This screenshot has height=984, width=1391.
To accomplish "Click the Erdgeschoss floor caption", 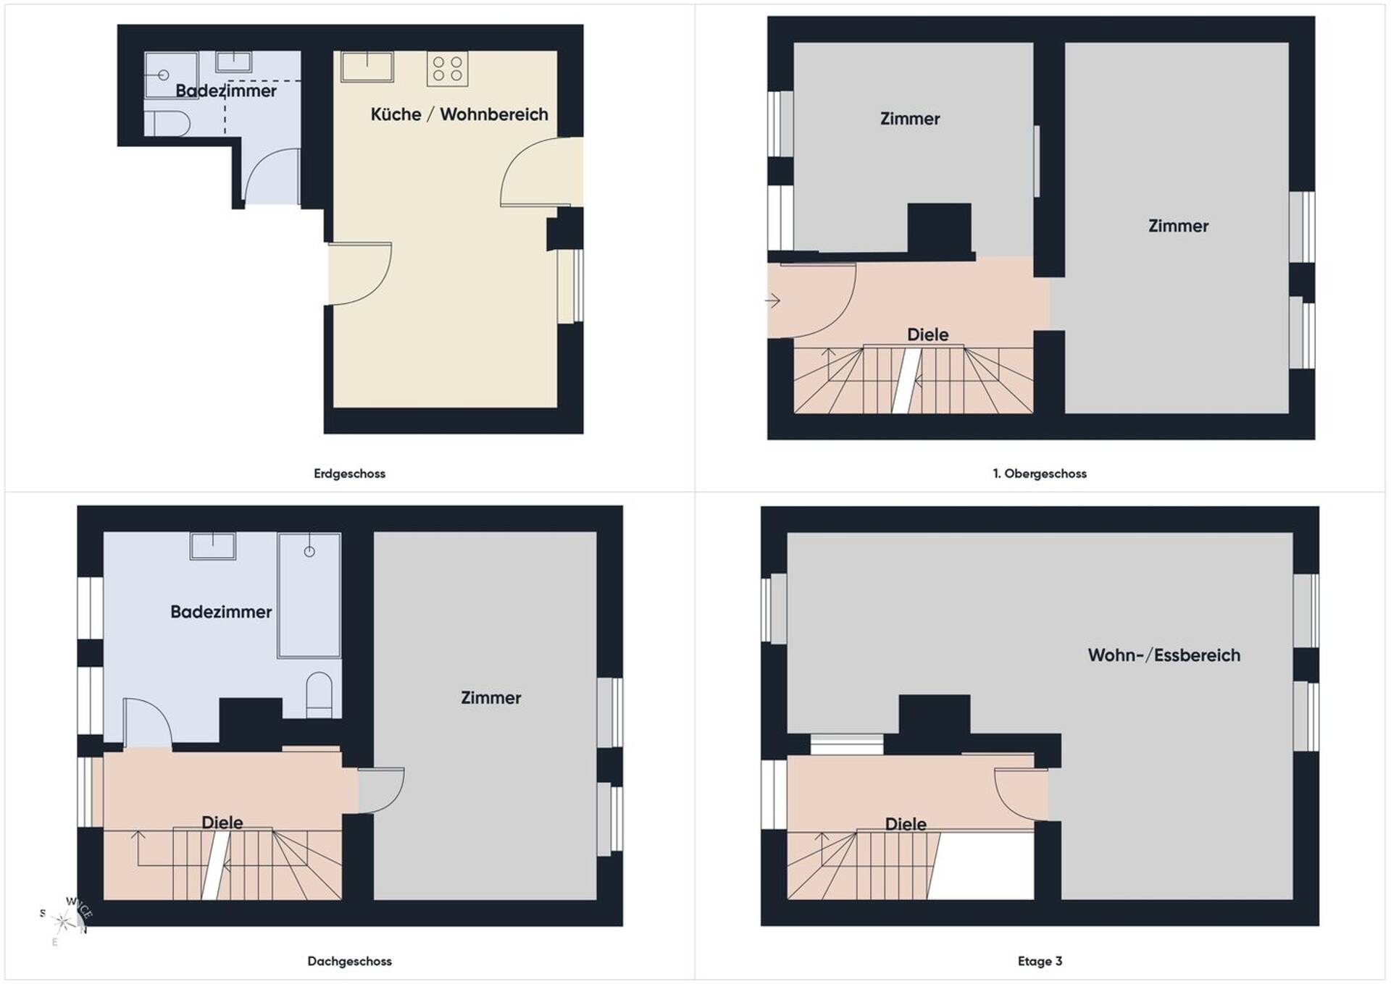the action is [349, 474].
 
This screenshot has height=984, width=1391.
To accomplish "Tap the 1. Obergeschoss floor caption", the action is [1040, 474].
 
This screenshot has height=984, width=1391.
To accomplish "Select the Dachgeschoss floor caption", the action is [349, 961].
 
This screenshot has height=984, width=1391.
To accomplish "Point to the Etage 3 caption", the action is [1040, 961].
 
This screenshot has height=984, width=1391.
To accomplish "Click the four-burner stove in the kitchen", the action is [448, 69].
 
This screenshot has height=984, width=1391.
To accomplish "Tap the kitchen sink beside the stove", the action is [367, 66].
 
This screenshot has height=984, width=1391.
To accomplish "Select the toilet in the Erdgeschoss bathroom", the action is [167, 124].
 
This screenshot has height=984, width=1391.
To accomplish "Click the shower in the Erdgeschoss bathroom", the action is [172, 75].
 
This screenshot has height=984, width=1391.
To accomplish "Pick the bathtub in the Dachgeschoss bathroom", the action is [309, 595].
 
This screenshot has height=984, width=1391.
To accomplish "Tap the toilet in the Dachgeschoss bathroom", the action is [319, 695].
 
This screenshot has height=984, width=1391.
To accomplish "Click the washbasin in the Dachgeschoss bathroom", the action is [213, 546].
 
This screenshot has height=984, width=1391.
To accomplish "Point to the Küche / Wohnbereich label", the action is [459, 114].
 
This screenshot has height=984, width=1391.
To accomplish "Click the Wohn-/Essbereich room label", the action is [1164, 655].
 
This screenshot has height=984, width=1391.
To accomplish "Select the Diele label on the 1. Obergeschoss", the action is [928, 335].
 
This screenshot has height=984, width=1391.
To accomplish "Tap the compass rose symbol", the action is [66, 920].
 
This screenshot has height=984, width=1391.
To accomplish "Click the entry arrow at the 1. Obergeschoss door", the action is [772, 300].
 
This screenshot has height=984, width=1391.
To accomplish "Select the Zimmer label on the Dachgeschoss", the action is [491, 698].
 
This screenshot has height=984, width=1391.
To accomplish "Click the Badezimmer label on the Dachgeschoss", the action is [221, 612].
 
